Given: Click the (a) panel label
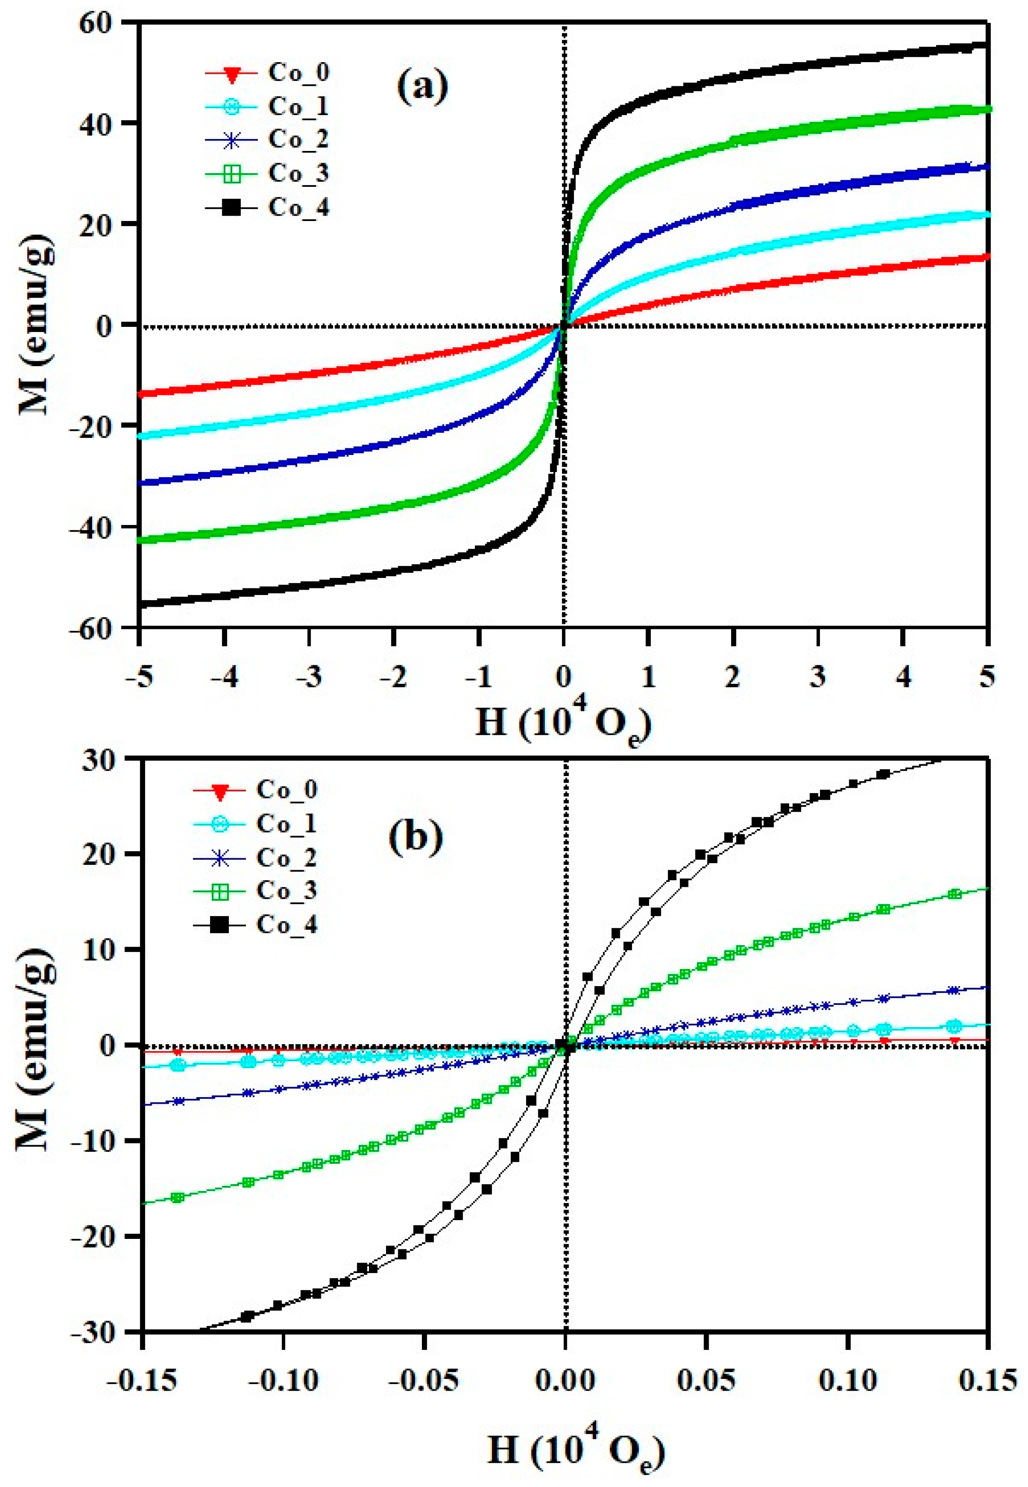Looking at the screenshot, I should point(422,88).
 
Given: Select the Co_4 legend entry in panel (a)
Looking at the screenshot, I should point(298,208).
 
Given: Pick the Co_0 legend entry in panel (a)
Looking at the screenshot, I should point(298,72).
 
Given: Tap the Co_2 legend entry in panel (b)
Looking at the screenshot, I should point(287,857).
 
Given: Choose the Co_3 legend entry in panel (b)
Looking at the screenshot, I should point(287,890).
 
